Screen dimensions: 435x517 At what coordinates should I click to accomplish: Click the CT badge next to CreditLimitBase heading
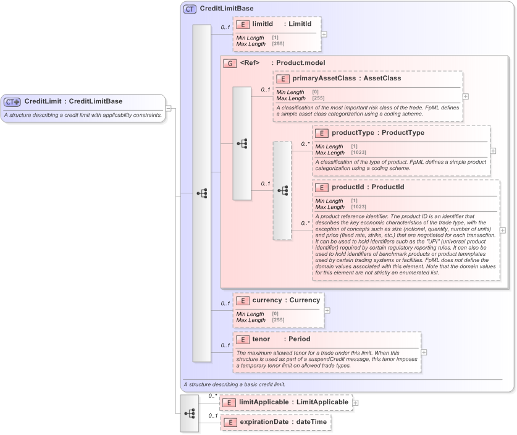pyautogui.click(x=190, y=9)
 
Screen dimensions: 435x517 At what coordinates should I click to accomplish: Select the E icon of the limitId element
pyautogui.click(x=243, y=24)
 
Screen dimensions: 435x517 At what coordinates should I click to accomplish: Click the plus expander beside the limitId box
pyautogui.click(x=324, y=34)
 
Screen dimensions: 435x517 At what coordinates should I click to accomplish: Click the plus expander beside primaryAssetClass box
pyautogui.click(x=466, y=96)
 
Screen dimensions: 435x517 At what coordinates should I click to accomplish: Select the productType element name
pyautogui.click(x=354, y=133)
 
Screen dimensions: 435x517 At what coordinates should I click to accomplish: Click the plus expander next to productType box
pyautogui.click(x=493, y=150)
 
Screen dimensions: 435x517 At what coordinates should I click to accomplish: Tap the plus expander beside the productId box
pyautogui.click(x=502, y=230)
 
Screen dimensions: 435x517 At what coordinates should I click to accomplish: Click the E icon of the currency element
pyautogui.click(x=243, y=300)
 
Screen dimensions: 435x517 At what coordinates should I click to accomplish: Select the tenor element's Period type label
pyautogui.click(x=300, y=339)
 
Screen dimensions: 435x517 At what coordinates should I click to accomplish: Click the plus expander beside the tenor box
pyautogui.click(x=424, y=352)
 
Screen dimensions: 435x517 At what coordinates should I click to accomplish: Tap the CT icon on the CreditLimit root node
pyautogui.click(x=12, y=102)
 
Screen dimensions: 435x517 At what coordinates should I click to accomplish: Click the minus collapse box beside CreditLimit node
pyautogui.click(x=169, y=109)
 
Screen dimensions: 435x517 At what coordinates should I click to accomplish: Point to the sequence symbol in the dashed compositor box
pyautogui.click(x=282, y=191)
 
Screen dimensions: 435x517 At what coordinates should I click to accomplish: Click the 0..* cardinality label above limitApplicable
pyautogui.click(x=212, y=395)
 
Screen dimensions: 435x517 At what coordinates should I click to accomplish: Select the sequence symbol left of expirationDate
pyautogui.click(x=190, y=412)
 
